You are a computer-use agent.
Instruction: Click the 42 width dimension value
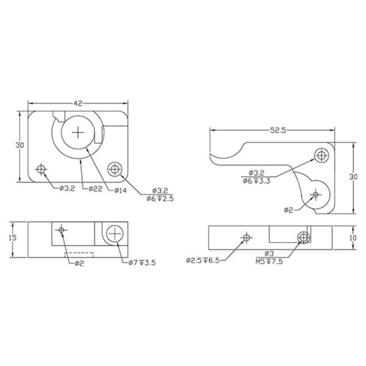coord(78,103)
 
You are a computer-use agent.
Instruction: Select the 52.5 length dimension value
coord(278,131)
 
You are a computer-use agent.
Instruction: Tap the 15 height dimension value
coord(13,238)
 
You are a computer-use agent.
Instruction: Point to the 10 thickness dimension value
coord(353,238)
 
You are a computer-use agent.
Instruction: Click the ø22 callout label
coord(96,189)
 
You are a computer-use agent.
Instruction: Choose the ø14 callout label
coord(121,190)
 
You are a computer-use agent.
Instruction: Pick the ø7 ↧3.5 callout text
coord(142,263)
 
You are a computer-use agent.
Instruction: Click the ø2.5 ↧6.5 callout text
coord(203,260)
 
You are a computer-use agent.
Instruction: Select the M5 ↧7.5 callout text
coord(269,262)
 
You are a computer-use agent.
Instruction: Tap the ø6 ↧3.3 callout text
coord(257,181)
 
